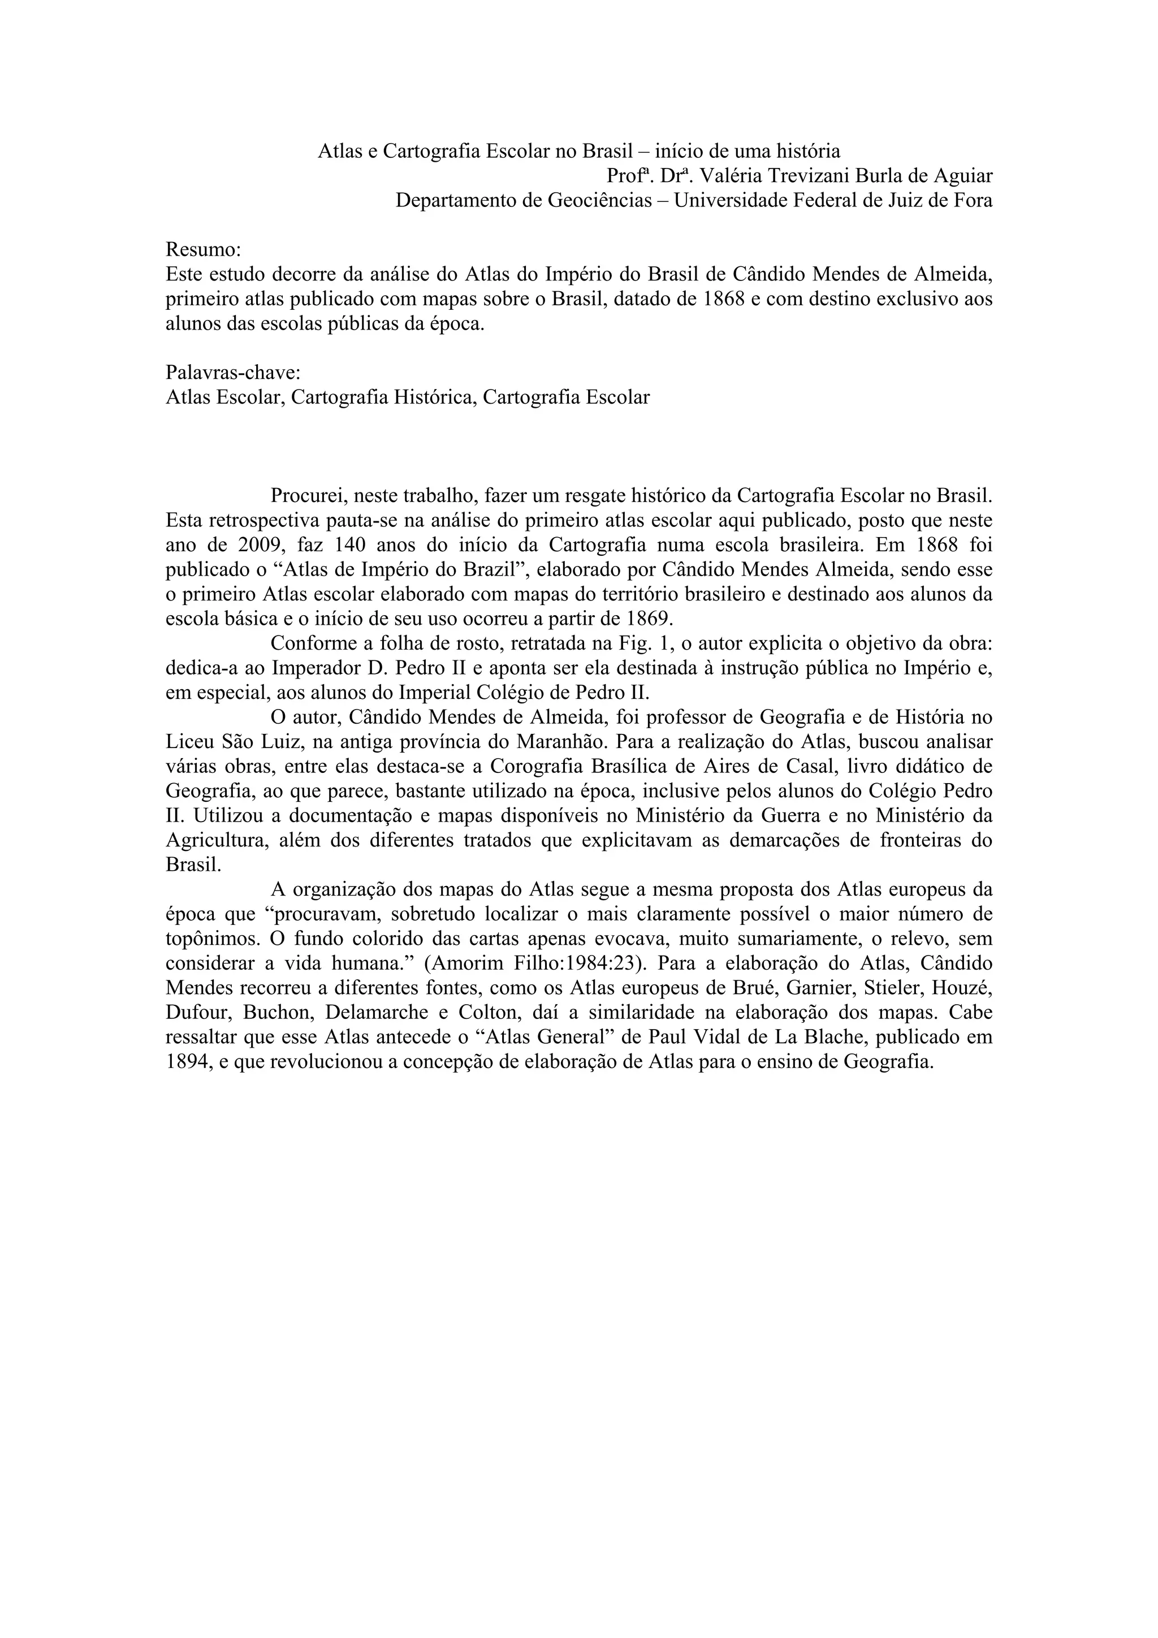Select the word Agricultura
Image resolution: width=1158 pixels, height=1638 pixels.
(x=212, y=840)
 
